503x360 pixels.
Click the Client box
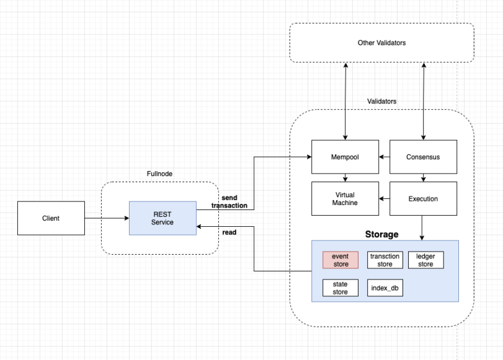coord(50,218)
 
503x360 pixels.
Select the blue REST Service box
coord(162,218)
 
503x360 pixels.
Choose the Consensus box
coord(423,157)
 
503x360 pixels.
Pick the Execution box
coord(423,199)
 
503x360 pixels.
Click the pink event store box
coord(341,260)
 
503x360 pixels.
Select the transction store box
coord(385,260)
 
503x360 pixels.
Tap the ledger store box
coord(426,260)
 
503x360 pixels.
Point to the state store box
coord(341,288)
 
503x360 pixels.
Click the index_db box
coord(385,288)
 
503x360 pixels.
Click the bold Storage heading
coord(382,234)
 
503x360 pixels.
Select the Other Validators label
coord(381,43)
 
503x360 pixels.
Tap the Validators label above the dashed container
coord(382,100)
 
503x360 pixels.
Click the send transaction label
coord(229,201)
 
